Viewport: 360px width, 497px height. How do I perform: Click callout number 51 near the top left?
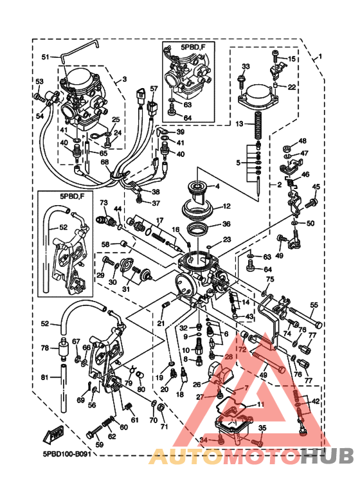point(46,57)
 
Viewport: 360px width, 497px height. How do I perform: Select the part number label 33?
point(246,66)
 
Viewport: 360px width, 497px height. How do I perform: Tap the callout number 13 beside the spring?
point(239,123)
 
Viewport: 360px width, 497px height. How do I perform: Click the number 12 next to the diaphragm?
point(226,206)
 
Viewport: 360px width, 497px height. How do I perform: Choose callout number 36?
point(226,224)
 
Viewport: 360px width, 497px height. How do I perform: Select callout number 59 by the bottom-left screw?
point(100,444)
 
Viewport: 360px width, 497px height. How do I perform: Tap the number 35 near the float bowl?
point(262,428)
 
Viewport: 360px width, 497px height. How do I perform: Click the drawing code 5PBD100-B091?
point(68,453)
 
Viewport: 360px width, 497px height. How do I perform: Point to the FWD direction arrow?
point(53,436)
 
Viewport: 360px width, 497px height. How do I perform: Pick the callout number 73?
point(103,203)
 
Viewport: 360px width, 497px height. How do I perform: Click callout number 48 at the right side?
point(302,141)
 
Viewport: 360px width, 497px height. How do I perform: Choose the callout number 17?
point(159,220)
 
